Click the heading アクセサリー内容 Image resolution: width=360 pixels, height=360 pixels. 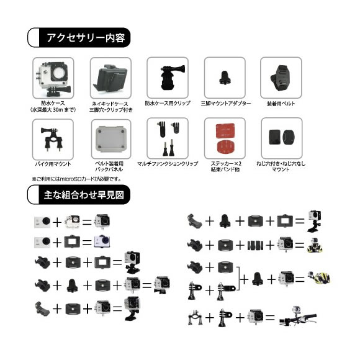tap(86, 38)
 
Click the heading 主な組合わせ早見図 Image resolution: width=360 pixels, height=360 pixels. tap(84, 195)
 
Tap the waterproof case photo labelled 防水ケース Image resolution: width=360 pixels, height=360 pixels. tap(53, 78)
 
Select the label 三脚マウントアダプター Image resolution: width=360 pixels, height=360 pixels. tap(226, 103)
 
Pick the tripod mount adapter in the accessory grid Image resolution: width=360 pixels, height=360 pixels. tap(225, 78)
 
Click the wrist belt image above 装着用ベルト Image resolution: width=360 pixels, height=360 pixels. tap(281, 78)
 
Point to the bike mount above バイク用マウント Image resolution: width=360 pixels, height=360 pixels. tap(53, 139)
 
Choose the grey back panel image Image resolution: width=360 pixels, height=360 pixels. tap(111, 139)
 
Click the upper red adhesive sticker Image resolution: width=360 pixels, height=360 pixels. tap(225, 131)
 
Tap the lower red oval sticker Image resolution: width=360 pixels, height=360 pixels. tap(225, 147)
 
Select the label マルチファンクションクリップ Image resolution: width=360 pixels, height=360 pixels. tap(168, 164)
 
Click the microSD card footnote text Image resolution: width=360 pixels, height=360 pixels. tap(77, 179)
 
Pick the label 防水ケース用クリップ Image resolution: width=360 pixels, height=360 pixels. tap(168, 103)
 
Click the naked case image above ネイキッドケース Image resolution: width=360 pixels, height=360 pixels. tap(110, 78)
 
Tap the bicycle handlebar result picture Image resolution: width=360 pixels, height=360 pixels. tap(297, 316)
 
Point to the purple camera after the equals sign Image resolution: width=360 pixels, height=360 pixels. tap(102, 241)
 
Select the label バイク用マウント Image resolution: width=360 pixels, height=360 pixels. tap(53, 164)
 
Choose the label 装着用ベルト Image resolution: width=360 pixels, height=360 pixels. tap(281, 104)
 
